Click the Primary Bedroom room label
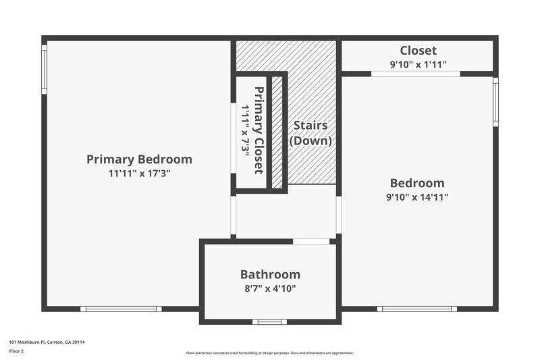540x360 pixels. pyautogui.click(x=139, y=159)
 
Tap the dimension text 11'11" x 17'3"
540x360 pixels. pyautogui.click(x=139, y=174)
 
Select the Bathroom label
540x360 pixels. pyautogui.click(x=270, y=274)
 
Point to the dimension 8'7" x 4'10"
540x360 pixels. pyautogui.click(x=270, y=288)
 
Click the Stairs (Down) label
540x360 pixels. pyautogui.click(x=310, y=133)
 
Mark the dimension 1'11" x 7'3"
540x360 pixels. pyautogui.click(x=246, y=130)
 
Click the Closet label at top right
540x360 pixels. pyautogui.click(x=418, y=51)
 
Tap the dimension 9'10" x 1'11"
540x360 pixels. pyautogui.click(x=418, y=65)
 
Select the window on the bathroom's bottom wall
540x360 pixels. pyautogui.click(x=270, y=322)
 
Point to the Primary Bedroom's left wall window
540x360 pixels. pyautogui.click(x=45, y=69)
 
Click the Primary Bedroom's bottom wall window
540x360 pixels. pyautogui.click(x=121, y=309)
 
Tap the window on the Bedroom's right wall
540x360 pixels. pyautogui.click(x=495, y=101)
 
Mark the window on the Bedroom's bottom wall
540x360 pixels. pyautogui.click(x=416, y=309)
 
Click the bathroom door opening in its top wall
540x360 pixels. pyautogui.click(x=311, y=241)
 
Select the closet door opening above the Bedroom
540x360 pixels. pyautogui.click(x=416, y=74)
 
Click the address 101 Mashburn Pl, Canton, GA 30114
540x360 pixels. pyautogui.click(x=47, y=342)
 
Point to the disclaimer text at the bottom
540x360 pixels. pyautogui.click(x=270, y=353)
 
